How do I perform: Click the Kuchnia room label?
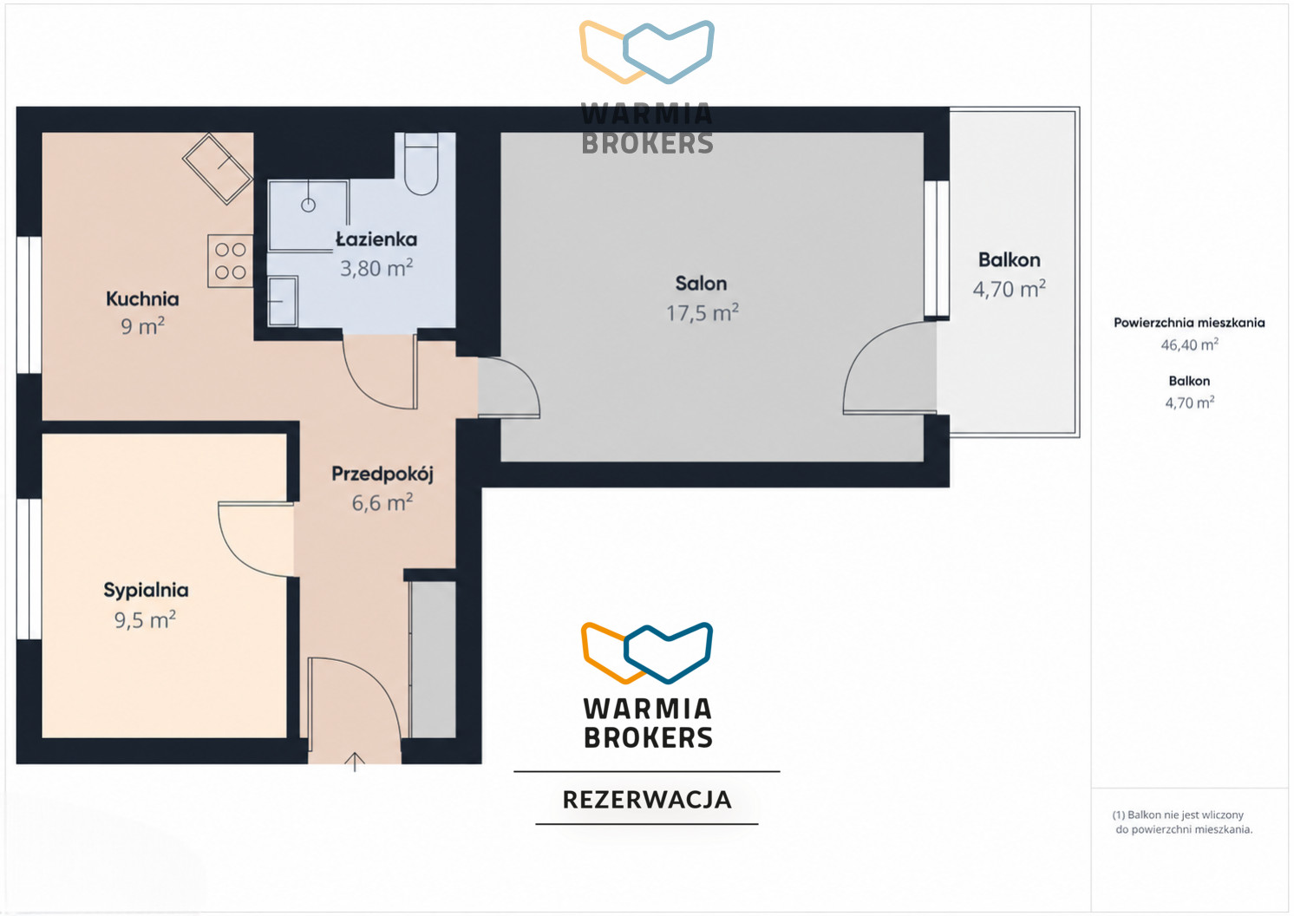pos(142,298)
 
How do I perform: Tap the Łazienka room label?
pos(376,239)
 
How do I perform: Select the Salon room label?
pos(702,283)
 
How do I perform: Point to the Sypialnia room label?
pos(147,590)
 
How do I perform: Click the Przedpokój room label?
pos(382,474)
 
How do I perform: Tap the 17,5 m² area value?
pos(703,312)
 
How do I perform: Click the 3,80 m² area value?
pos(376,268)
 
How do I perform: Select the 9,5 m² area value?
pos(145,619)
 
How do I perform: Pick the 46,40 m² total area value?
pos(1189,345)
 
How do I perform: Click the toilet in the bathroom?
pos(422,164)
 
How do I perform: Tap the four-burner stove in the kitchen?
pos(231,260)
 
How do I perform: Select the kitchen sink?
pos(218,169)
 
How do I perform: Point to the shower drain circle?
pos(309,205)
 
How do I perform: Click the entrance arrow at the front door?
pos(354,762)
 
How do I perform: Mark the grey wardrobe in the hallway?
pos(433,659)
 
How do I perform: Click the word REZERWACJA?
pos(647,800)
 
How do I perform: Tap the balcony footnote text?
pos(1183,821)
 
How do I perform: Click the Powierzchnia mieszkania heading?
pos(1189,323)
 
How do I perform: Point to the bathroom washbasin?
pos(283,301)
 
